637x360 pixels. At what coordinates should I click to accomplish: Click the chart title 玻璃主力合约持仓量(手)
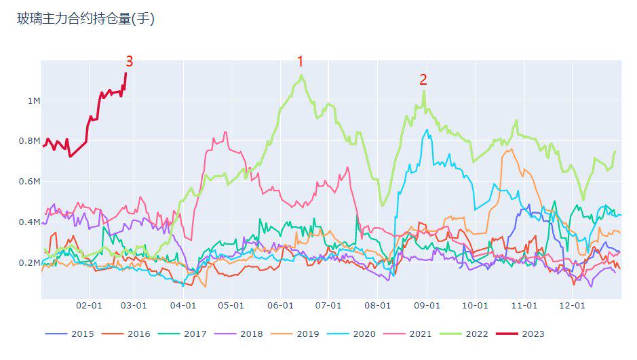tap(86, 20)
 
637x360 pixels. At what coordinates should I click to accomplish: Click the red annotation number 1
tap(301, 62)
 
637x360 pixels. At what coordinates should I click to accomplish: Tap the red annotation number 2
tap(423, 79)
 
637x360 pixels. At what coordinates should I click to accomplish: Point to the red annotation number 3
tap(129, 62)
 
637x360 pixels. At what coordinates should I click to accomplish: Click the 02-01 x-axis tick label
tap(89, 306)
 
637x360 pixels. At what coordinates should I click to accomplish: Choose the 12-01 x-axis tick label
tap(572, 306)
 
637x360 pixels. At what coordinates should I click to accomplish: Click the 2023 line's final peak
tap(126, 73)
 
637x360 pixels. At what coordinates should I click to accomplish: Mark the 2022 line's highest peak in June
tap(301, 75)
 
